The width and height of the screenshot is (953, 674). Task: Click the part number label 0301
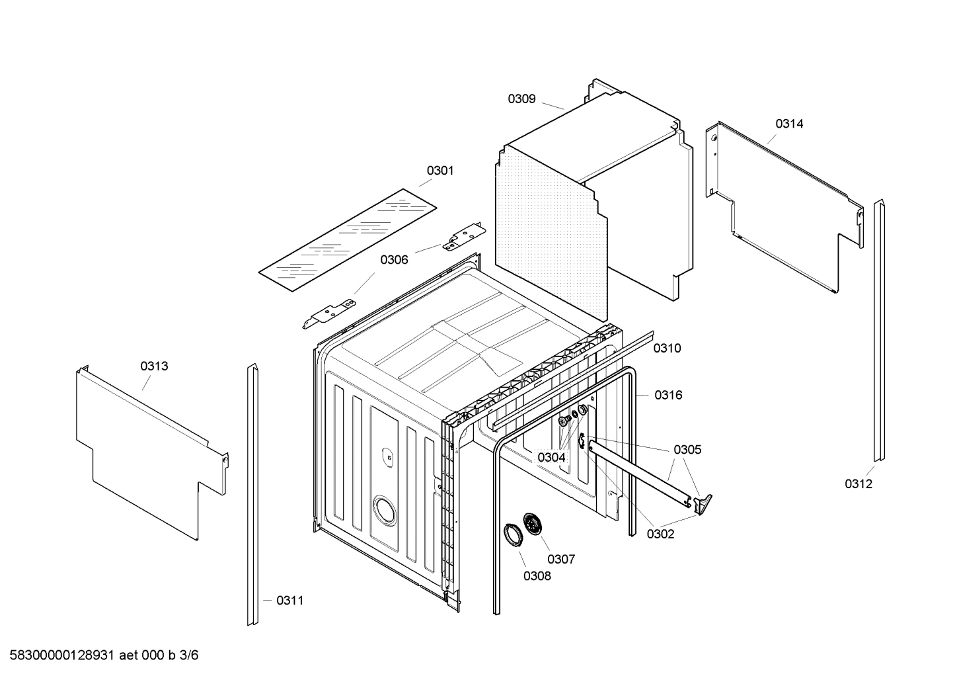[439, 171]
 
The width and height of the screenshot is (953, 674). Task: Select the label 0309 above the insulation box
[521, 99]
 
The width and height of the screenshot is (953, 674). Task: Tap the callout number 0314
[789, 124]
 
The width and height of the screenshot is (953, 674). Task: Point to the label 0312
[858, 484]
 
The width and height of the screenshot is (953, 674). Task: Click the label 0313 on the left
[153, 366]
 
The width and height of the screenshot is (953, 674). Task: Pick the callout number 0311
[289, 601]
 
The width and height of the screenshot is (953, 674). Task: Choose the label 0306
[394, 260]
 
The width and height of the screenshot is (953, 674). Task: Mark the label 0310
[667, 348]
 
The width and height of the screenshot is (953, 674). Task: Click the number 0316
[668, 395]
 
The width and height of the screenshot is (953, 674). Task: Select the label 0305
[687, 450]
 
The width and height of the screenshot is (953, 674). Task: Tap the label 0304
[551, 457]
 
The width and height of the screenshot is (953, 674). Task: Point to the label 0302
[660, 534]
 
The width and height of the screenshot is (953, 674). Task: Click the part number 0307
[561, 559]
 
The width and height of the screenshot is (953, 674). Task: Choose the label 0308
[537, 575]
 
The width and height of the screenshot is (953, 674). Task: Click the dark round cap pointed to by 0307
[531, 524]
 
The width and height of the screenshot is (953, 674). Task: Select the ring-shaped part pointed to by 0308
[512, 534]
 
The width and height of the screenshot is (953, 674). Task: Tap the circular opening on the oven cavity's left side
[383, 511]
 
